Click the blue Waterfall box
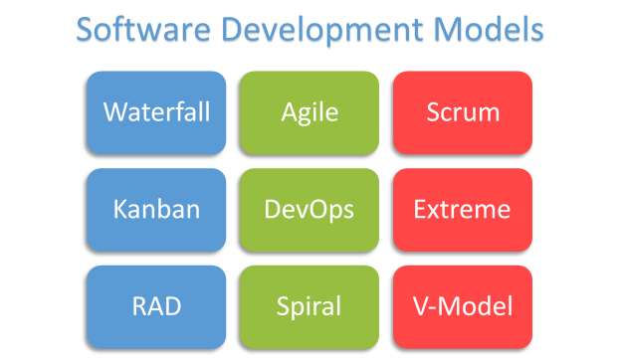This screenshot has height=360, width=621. (x=156, y=112)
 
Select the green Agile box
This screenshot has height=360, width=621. (x=310, y=112)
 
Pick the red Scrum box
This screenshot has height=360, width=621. (x=463, y=112)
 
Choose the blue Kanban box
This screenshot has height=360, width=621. (x=156, y=210)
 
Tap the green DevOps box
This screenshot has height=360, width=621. (x=310, y=210)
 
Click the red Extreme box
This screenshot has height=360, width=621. (x=463, y=210)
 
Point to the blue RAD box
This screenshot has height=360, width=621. (x=156, y=306)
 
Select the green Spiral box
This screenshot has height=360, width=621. (x=310, y=306)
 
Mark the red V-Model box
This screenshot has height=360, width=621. (x=463, y=306)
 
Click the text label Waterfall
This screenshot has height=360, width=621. (x=156, y=111)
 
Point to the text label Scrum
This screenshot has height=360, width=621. (x=463, y=112)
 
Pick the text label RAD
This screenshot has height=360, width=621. (x=156, y=306)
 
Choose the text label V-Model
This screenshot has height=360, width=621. (x=463, y=306)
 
